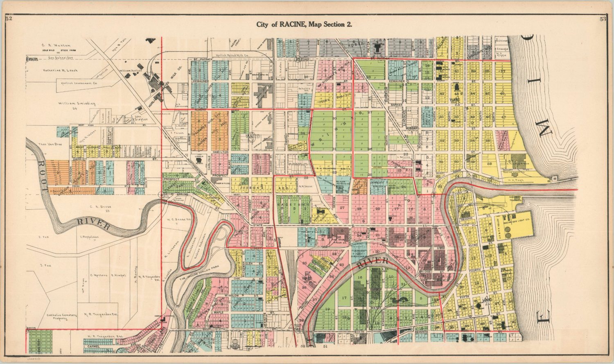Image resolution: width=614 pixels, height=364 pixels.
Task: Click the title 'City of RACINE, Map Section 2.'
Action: (x=305, y=24)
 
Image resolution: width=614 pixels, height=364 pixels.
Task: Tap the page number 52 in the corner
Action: (x=9, y=18)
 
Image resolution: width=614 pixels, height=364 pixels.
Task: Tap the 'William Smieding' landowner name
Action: (x=74, y=104)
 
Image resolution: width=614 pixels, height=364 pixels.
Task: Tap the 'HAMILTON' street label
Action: (x=220, y=152)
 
